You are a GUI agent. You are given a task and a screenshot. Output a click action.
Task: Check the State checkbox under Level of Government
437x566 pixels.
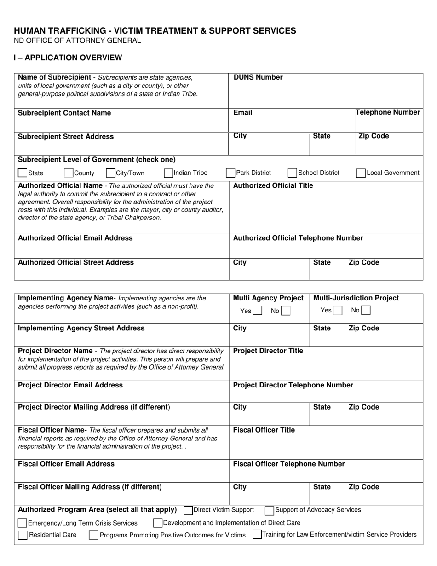tap(22, 173)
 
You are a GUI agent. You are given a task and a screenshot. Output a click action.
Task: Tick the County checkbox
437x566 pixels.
tap(69, 173)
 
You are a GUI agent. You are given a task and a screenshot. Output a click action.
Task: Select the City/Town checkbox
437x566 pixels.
tap(110, 173)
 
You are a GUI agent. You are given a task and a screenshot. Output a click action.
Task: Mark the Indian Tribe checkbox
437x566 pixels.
tap(168, 173)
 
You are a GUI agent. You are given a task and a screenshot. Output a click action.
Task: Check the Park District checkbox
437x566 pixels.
tap(230, 173)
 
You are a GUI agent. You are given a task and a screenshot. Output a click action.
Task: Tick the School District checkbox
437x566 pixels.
tap(292, 173)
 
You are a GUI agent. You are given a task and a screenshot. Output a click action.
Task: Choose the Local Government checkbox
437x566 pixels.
tap(362, 173)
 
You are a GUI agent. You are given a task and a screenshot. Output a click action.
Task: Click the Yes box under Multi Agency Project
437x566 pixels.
tap(258, 311)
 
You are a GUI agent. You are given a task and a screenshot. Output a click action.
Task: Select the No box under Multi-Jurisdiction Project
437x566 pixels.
tap(366, 311)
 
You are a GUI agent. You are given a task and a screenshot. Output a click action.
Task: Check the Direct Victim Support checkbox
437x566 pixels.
tap(188, 510)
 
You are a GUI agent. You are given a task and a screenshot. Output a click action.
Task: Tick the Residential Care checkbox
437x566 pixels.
tap(22, 535)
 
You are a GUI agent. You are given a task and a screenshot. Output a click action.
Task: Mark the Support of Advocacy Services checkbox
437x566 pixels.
tap(270, 510)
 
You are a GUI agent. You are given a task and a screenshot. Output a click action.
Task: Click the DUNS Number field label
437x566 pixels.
tap(258, 77)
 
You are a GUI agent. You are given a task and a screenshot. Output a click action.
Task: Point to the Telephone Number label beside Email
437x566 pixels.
tap(388, 112)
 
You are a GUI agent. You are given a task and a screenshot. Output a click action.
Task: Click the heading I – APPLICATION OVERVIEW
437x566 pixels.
tap(68, 58)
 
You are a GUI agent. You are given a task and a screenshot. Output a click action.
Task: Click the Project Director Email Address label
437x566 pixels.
tap(70, 385)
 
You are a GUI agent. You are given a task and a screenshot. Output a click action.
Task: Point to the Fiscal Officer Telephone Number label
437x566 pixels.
tap(289, 464)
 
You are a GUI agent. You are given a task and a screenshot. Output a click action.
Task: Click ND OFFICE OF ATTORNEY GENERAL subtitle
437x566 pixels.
tap(77, 40)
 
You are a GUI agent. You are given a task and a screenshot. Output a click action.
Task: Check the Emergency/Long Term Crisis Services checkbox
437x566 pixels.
tap(22, 523)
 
